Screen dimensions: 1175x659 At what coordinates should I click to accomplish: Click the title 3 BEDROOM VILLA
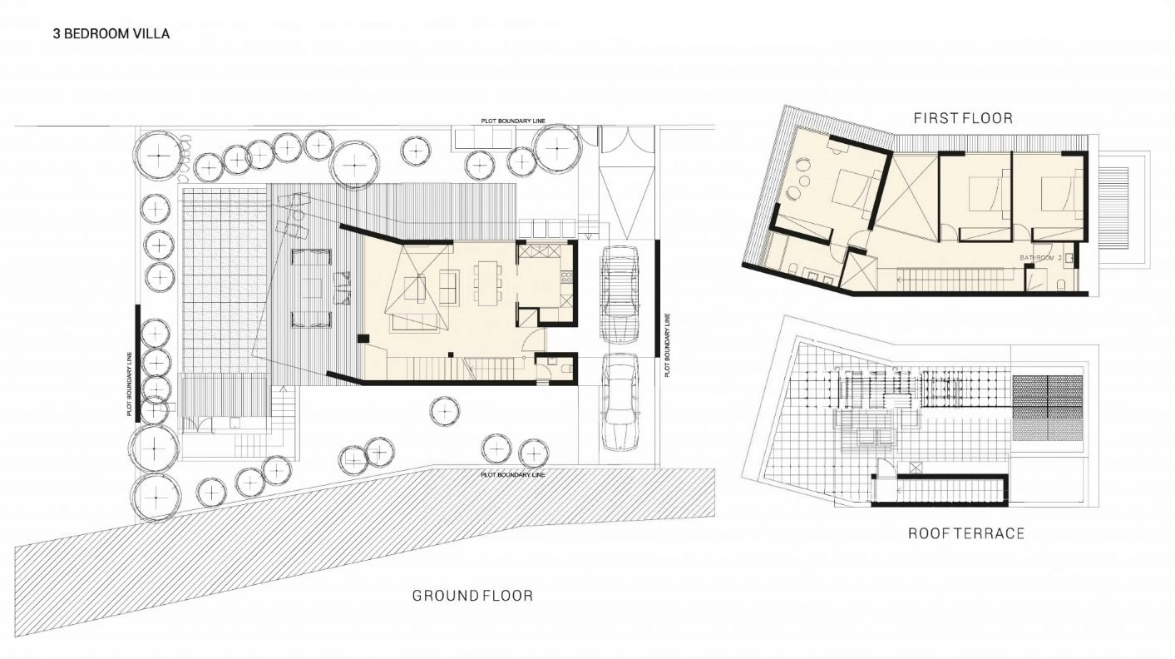[111, 34]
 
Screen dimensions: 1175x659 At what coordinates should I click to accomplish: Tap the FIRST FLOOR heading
[963, 118]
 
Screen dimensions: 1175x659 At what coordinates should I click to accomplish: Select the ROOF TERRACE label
[966, 533]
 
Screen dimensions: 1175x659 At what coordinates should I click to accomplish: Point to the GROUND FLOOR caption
[472, 596]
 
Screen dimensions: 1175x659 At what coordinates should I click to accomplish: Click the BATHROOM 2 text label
[1041, 258]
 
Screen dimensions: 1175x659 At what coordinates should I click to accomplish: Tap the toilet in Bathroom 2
[1061, 285]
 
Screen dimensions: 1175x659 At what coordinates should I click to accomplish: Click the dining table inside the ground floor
[488, 284]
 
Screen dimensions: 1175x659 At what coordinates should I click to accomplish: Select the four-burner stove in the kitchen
[566, 278]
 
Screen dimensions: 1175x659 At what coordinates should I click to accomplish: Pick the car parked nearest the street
[620, 401]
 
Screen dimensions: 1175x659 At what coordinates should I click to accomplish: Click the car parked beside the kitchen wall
[620, 295]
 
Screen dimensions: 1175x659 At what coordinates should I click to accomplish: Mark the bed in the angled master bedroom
[853, 191]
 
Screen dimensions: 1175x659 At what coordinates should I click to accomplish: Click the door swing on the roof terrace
[886, 467]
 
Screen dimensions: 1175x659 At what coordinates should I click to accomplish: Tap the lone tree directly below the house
[444, 411]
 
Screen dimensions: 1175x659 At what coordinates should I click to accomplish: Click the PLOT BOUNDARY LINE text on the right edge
[667, 344]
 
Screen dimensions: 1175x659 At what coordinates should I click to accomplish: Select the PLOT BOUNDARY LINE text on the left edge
[129, 384]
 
